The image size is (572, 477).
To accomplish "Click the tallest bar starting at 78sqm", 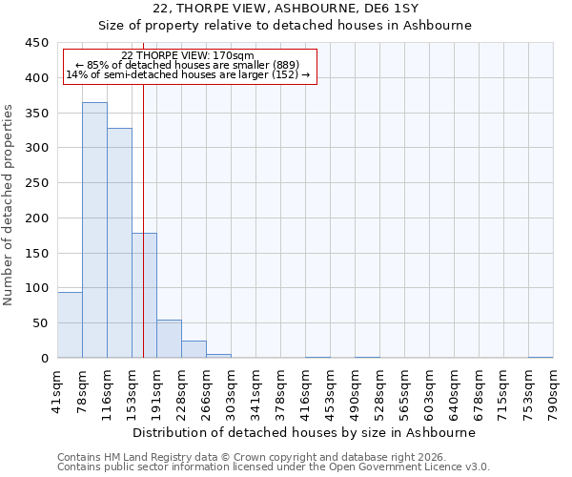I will [x=94, y=230].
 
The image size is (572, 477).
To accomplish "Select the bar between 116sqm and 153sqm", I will [x=119, y=243].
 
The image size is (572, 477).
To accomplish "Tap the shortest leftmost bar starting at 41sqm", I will [x=70, y=324].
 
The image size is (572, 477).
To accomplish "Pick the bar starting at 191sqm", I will [x=169, y=339].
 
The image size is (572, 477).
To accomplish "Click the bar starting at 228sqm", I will [x=194, y=349].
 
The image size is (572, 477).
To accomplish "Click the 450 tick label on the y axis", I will [x=36, y=43].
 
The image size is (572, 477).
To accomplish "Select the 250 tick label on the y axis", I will [x=36, y=183].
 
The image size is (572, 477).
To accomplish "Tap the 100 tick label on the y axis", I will [x=36, y=288].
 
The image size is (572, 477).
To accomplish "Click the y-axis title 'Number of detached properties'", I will [x=10, y=205].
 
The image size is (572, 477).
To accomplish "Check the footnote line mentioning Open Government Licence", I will [x=274, y=467].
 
